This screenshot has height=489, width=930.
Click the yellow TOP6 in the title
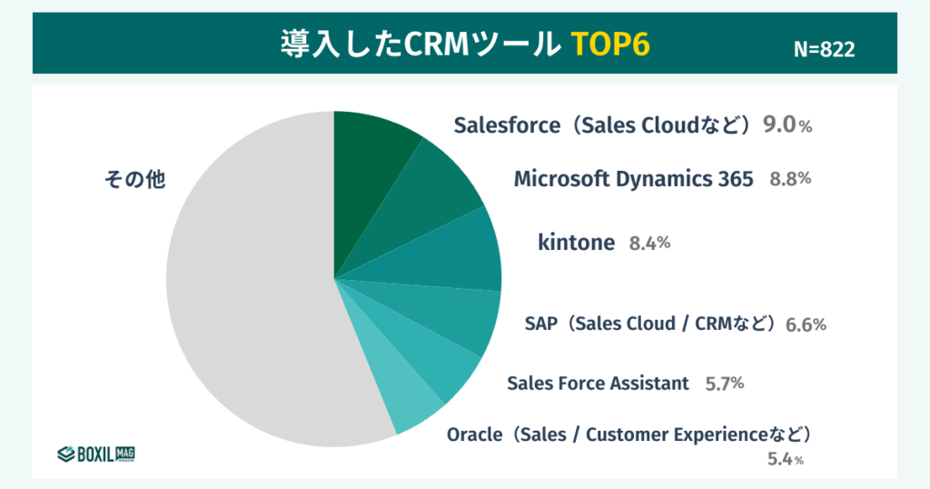pyautogui.click(x=610, y=45)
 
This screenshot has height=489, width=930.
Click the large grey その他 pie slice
pyautogui.click(x=245, y=300)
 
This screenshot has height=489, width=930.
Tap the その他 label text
pyautogui.click(x=134, y=180)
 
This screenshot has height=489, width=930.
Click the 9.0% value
pyautogui.click(x=787, y=125)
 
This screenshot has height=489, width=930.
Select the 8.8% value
pyautogui.click(x=789, y=179)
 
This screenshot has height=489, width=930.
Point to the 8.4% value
pyautogui.click(x=649, y=243)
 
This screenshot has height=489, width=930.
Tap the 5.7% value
pyautogui.click(x=724, y=384)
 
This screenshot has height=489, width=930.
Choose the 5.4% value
pyautogui.click(x=785, y=459)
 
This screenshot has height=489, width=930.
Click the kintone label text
pyautogui.click(x=576, y=243)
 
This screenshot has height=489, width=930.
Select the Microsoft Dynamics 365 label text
pyautogui.click(x=633, y=179)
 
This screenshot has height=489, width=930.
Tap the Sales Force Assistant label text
pyautogui.click(x=598, y=384)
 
